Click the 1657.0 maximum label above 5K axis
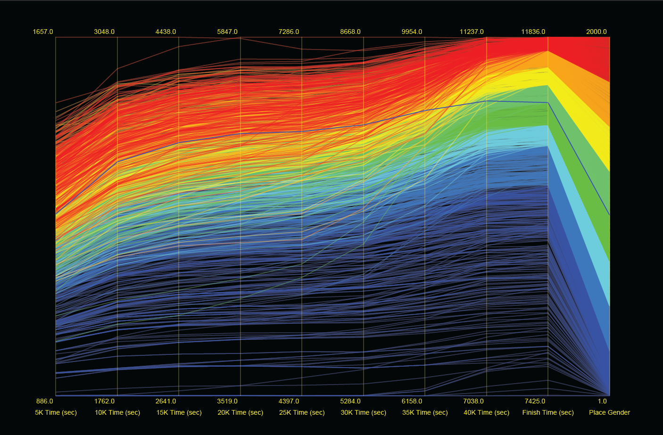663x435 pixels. (x=43, y=32)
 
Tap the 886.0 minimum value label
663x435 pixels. (x=45, y=401)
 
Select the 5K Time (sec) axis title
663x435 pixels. (x=56, y=412)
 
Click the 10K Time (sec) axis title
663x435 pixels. (x=117, y=412)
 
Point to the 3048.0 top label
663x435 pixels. (x=104, y=32)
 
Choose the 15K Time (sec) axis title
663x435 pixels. (x=179, y=412)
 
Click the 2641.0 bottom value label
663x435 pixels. (x=166, y=401)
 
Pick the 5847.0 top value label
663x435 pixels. (x=227, y=32)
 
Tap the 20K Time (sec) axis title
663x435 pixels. (x=240, y=412)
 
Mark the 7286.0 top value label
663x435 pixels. (x=289, y=32)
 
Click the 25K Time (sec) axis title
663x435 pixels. (x=302, y=412)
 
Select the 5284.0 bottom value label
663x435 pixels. (x=350, y=401)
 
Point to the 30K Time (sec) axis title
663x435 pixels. (x=364, y=412)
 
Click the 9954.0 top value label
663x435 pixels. (x=412, y=32)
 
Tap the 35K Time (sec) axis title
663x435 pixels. (x=425, y=412)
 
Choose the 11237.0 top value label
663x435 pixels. (x=472, y=32)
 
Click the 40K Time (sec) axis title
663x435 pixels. (x=487, y=412)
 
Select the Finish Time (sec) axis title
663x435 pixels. (x=548, y=412)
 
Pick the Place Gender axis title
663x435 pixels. (x=609, y=412)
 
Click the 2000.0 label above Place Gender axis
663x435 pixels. (x=597, y=32)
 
